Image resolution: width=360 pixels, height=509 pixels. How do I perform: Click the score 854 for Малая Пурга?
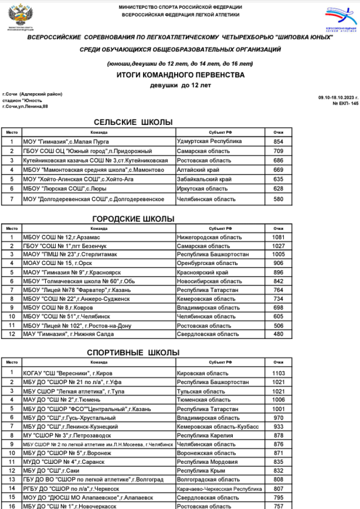click(x=278, y=142)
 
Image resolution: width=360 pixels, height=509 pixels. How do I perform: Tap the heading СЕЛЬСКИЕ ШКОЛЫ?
click(x=133, y=122)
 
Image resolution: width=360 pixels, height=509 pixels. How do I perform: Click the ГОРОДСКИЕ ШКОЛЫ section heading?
click(x=133, y=219)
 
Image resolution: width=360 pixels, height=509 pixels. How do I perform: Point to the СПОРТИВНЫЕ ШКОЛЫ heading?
click(x=133, y=352)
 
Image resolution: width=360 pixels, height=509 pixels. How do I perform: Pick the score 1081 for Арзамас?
click(x=278, y=237)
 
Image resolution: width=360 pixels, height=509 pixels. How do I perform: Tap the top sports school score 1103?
click(x=278, y=373)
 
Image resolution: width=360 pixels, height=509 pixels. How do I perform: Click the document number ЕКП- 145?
click(x=345, y=103)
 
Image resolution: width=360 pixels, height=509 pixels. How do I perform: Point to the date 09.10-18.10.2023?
click(x=338, y=97)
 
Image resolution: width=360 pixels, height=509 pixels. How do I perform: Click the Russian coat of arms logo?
click(x=20, y=16)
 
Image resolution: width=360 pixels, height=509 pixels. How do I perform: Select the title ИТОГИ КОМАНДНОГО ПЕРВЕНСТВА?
click(x=180, y=75)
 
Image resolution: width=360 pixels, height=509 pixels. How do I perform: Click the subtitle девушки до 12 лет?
click(x=180, y=85)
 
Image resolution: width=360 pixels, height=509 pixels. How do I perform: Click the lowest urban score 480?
click(x=278, y=334)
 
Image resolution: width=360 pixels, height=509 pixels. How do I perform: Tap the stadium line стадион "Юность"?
click(x=22, y=100)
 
